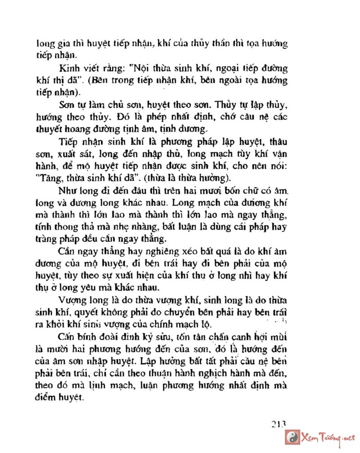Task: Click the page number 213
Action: click(x=279, y=424)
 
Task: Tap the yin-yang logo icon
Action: click(x=292, y=437)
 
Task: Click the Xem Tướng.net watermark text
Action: click(x=328, y=438)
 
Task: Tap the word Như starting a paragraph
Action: click(x=66, y=190)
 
